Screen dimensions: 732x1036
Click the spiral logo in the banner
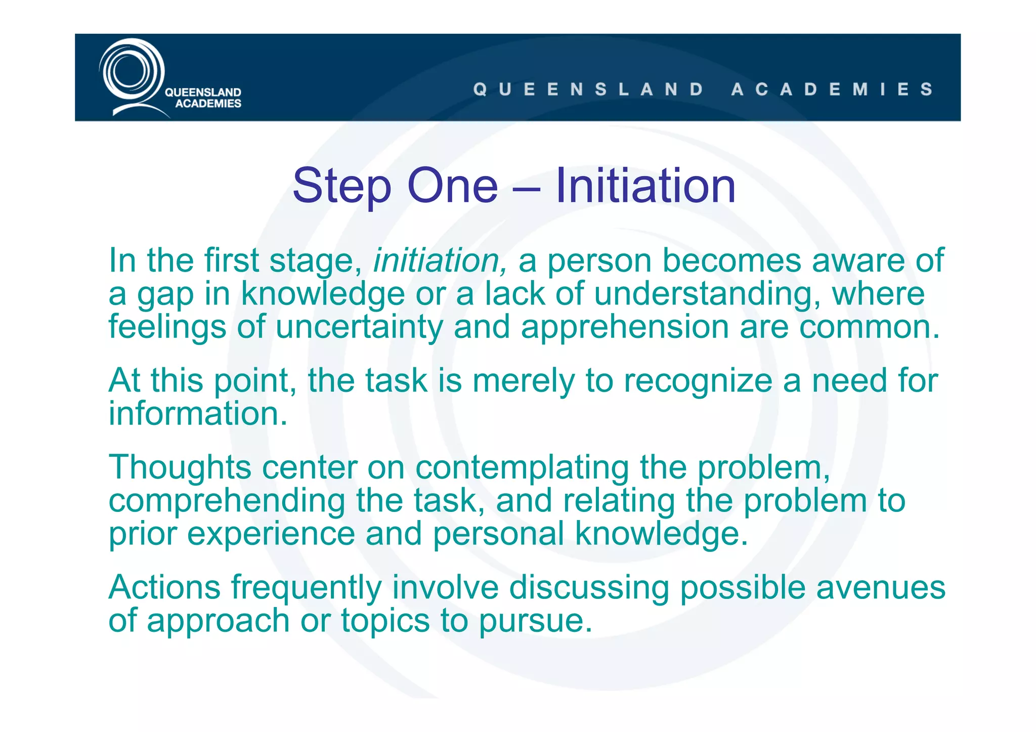pyautogui.click(x=131, y=73)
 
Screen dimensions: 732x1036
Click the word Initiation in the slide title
pyautogui.click(x=645, y=186)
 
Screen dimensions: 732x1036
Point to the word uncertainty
pyautogui.click(x=359, y=327)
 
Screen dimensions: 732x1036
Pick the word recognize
pyautogui.click(x=698, y=381)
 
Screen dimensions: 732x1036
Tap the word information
pyautogui.click(x=198, y=413)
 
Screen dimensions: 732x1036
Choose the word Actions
pyautogui.click(x=164, y=587)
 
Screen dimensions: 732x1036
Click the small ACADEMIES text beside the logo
pyautogui.click(x=208, y=104)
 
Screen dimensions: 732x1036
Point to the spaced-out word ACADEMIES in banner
pyautogui.click(x=832, y=90)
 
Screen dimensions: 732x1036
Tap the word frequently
pyautogui.click(x=306, y=588)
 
